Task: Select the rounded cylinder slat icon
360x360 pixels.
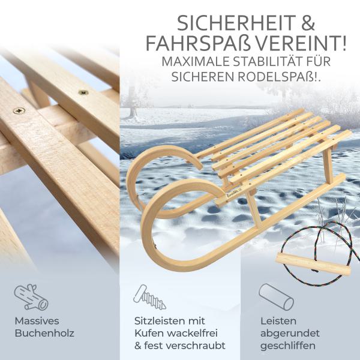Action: click(x=275, y=296)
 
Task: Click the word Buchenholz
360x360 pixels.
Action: click(x=46, y=334)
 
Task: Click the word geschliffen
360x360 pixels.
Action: click(x=288, y=346)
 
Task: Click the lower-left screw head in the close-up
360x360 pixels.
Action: click(x=19, y=110)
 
